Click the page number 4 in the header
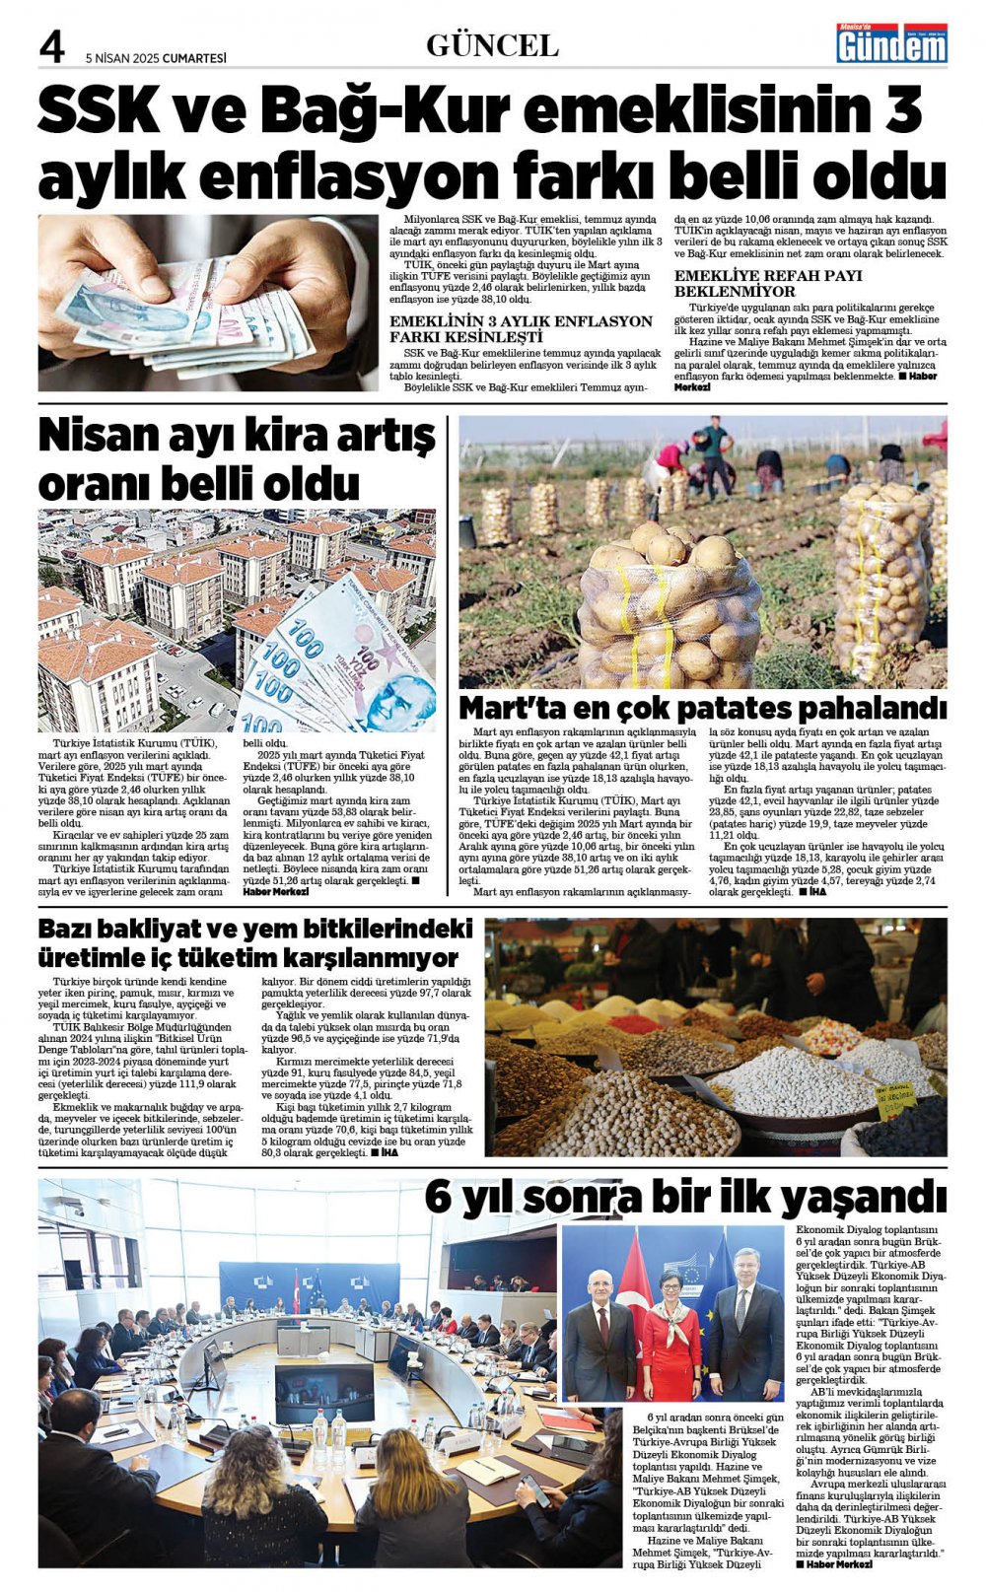[x=51, y=47]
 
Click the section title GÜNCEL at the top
[x=492, y=45]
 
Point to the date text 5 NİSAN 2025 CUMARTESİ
[x=156, y=58]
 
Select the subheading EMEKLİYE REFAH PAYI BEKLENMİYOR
[x=768, y=283]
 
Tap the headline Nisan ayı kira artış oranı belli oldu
[x=237, y=459]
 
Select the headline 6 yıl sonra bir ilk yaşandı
[x=685, y=1197]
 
